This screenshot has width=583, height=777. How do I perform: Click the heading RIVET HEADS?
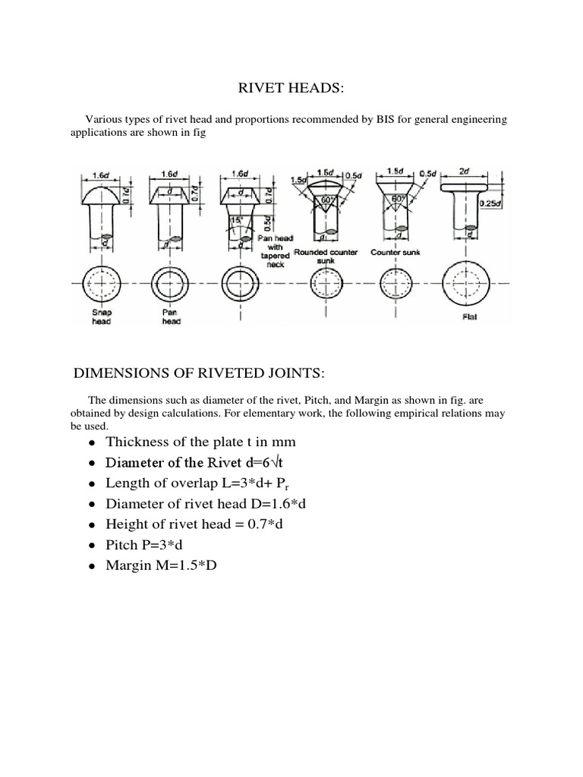click(291, 90)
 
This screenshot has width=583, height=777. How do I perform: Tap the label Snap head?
click(101, 316)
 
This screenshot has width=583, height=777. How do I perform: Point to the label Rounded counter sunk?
click(326, 255)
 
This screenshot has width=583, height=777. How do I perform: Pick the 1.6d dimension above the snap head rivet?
click(101, 175)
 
